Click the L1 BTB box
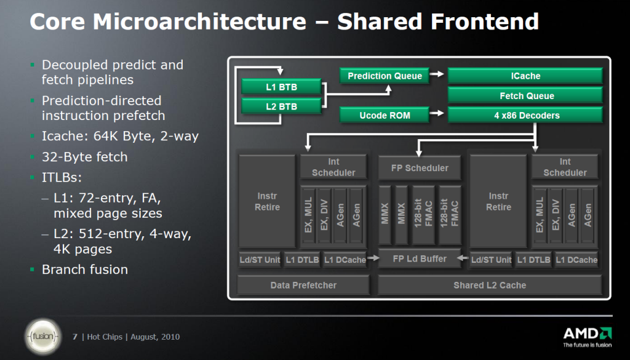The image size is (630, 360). click(x=281, y=87)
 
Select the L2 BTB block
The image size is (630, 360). click(x=281, y=107)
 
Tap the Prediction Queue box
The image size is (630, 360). click(x=385, y=76)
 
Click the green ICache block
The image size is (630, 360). click(x=525, y=76)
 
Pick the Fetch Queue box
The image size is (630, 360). click(x=525, y=95)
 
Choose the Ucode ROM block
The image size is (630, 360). click(x=385, y=115)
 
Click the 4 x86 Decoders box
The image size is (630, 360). click(x=525, y=115)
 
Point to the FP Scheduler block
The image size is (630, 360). click(x=420, y=167)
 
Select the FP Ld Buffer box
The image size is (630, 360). click(x=420, y=259)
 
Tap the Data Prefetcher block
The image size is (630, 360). click(x=303, y=285)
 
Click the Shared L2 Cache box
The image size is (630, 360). click(x=490, y=285)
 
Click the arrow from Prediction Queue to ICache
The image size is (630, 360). click(x=437, y=75)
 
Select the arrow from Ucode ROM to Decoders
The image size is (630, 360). click(x=437, y=114)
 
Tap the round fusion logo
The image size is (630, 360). click(x=43, y=337)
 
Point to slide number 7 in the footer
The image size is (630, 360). click(x=75, y=337)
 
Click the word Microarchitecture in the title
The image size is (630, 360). click(x=199, y=22)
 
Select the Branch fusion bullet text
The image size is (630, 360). click(x=84, y=270)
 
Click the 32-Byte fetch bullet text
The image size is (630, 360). click(x=84, y=157)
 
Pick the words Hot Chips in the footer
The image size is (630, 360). click(x=105, y=337)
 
